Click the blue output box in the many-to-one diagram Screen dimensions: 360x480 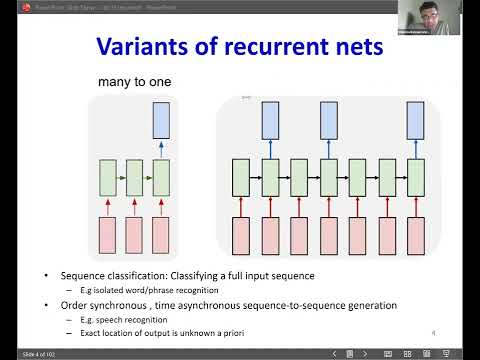pos(162,120)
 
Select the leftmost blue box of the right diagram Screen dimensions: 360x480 pos(271,120)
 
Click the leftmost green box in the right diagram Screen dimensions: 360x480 pos(241,177)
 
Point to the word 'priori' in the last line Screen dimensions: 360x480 pos(235,332)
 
